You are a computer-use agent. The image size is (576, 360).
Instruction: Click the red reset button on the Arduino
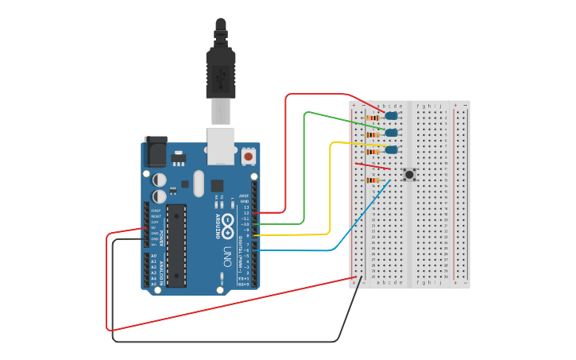[249, 157]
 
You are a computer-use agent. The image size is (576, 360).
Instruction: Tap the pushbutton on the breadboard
[409, 174]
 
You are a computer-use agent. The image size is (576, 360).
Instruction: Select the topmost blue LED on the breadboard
[391, 116]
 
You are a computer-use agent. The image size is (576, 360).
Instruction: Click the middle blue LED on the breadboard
[391, 133]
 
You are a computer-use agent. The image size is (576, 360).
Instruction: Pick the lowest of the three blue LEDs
[391, 149]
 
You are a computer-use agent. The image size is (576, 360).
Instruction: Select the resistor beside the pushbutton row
[371, 180]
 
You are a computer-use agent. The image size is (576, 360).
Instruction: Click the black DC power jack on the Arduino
[155, 151]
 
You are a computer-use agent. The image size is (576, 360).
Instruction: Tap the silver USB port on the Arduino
[221, 145]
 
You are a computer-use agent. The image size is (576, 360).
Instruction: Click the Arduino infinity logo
[228, 223]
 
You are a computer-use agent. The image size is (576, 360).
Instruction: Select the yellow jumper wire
[330, 191]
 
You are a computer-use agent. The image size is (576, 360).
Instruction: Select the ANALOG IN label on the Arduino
[162, 272]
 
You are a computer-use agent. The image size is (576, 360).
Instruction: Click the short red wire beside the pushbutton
[372, 166]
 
